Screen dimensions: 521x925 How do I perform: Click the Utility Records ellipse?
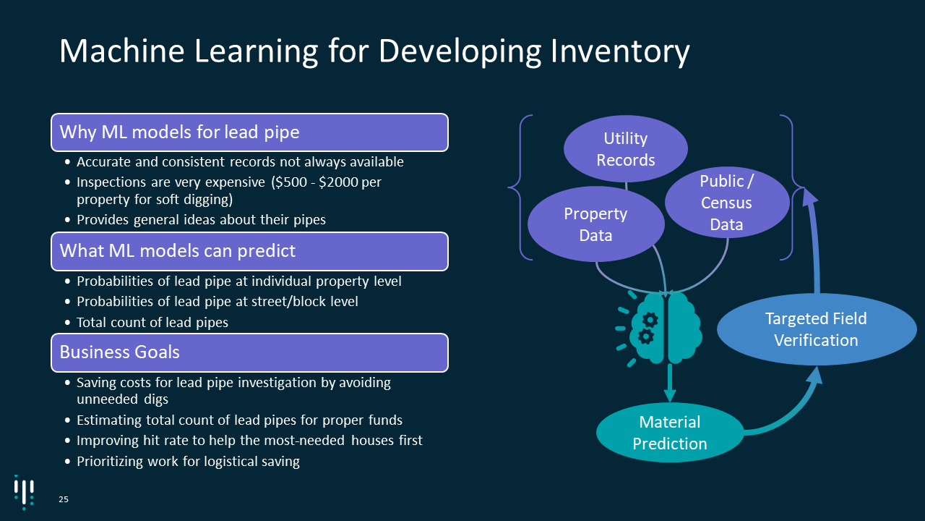coord(625,148)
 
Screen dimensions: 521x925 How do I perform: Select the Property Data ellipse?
coord(596,224)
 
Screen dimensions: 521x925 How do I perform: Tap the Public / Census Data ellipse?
coord(726,203)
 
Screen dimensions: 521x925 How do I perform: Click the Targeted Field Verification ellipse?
coord(816,329)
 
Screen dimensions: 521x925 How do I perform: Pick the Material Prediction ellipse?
coord(669,432)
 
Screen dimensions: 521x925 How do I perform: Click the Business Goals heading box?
coord(249,352)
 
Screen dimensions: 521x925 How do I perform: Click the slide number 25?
coord(64,499)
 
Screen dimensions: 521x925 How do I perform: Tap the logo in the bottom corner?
coord(24,491)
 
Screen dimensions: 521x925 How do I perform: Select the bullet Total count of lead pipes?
coord(152,322)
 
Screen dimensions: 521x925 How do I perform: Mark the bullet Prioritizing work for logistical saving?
coord(188,461)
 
